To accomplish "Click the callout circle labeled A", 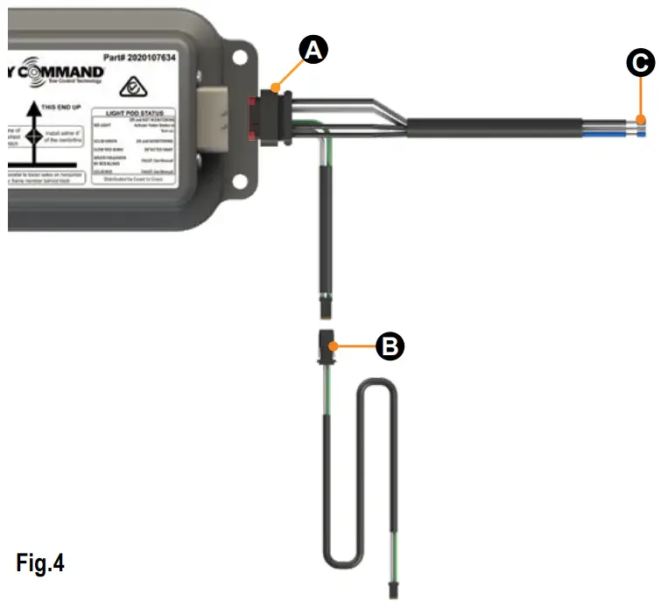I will coord(313,51).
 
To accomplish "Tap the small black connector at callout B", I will coord(326,348).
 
